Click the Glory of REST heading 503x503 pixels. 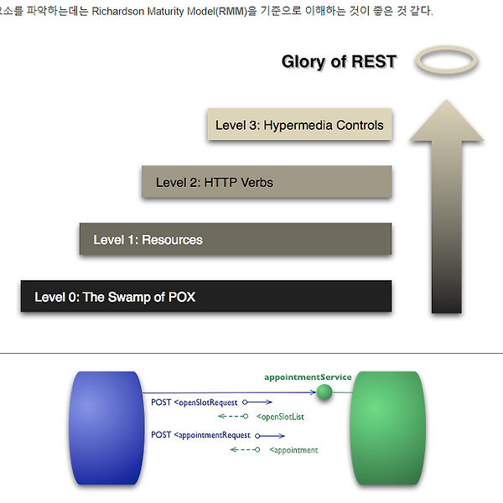point(339,61)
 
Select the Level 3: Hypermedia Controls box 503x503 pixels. point(299,124)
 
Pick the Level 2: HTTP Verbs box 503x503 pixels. point(267,182)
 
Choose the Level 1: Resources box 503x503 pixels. point(236,239)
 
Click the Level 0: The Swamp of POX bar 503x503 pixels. point(206,296)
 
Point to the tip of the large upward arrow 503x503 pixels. point(446,100)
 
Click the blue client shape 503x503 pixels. point(106,428)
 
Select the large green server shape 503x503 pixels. point(388,428)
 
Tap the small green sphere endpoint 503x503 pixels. point(324,392)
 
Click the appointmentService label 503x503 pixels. point(308,377)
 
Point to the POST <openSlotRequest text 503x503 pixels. point(194,402)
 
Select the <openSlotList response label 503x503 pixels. point(280,417)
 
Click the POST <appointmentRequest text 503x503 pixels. point(200,435)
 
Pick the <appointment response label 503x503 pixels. point(293,450)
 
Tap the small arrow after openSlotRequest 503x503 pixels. point(257,402)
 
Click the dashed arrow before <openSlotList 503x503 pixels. point(233,417)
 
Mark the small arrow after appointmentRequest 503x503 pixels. point(270,436)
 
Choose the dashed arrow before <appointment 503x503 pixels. point(245,449)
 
